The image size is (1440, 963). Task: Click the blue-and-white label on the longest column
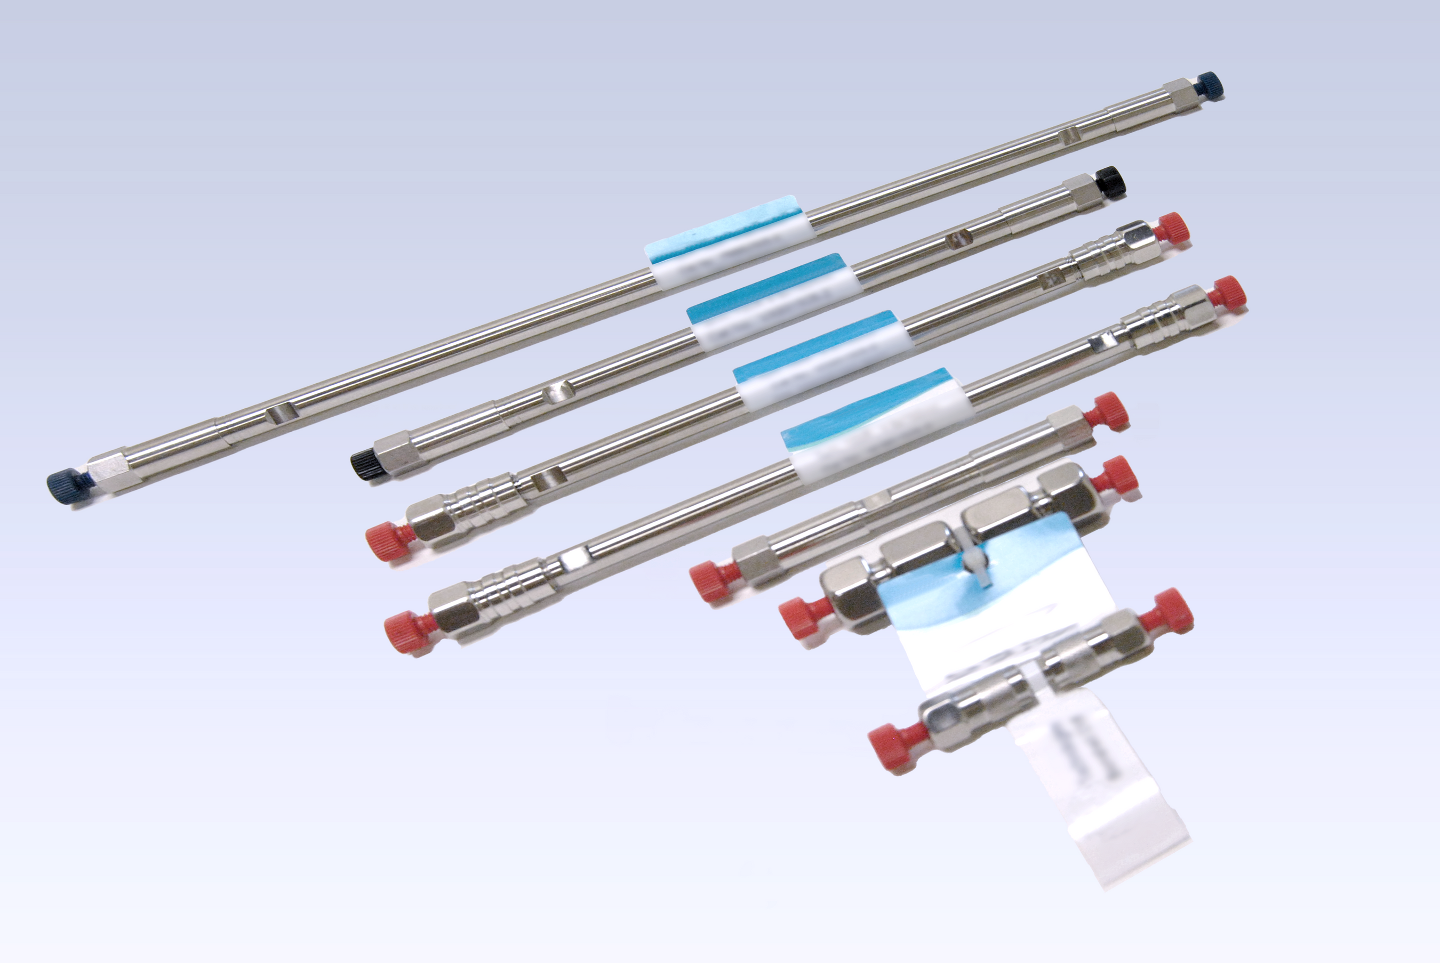pyautogui.click(x=730, y=242)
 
